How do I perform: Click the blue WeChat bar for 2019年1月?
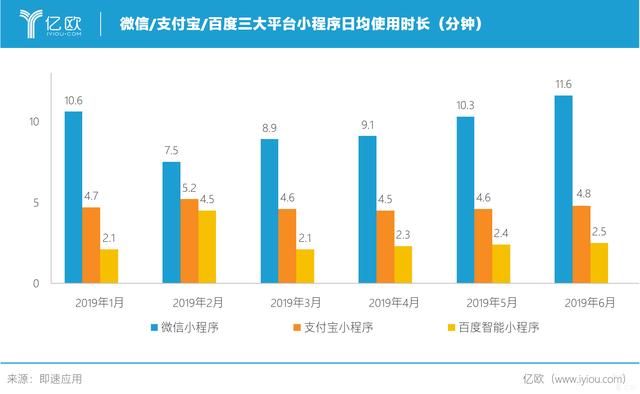[73, 197]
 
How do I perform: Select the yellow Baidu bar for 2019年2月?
[206, 246]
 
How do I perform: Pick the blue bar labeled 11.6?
[563, 189]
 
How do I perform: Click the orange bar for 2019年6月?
[581, 244]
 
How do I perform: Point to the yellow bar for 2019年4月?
[403, 264]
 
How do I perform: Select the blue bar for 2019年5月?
[465, 200]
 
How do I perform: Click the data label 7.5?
[171, 151]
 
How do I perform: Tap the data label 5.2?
[189, 188]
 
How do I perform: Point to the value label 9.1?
[367, 125]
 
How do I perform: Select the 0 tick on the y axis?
[35, 283]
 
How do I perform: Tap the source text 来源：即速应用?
[45, 379]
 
